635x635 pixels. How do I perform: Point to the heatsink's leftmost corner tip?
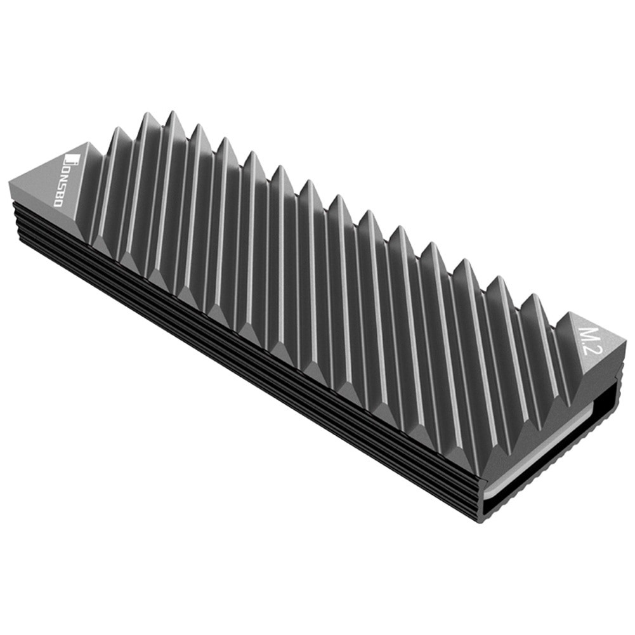[10, 185]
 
